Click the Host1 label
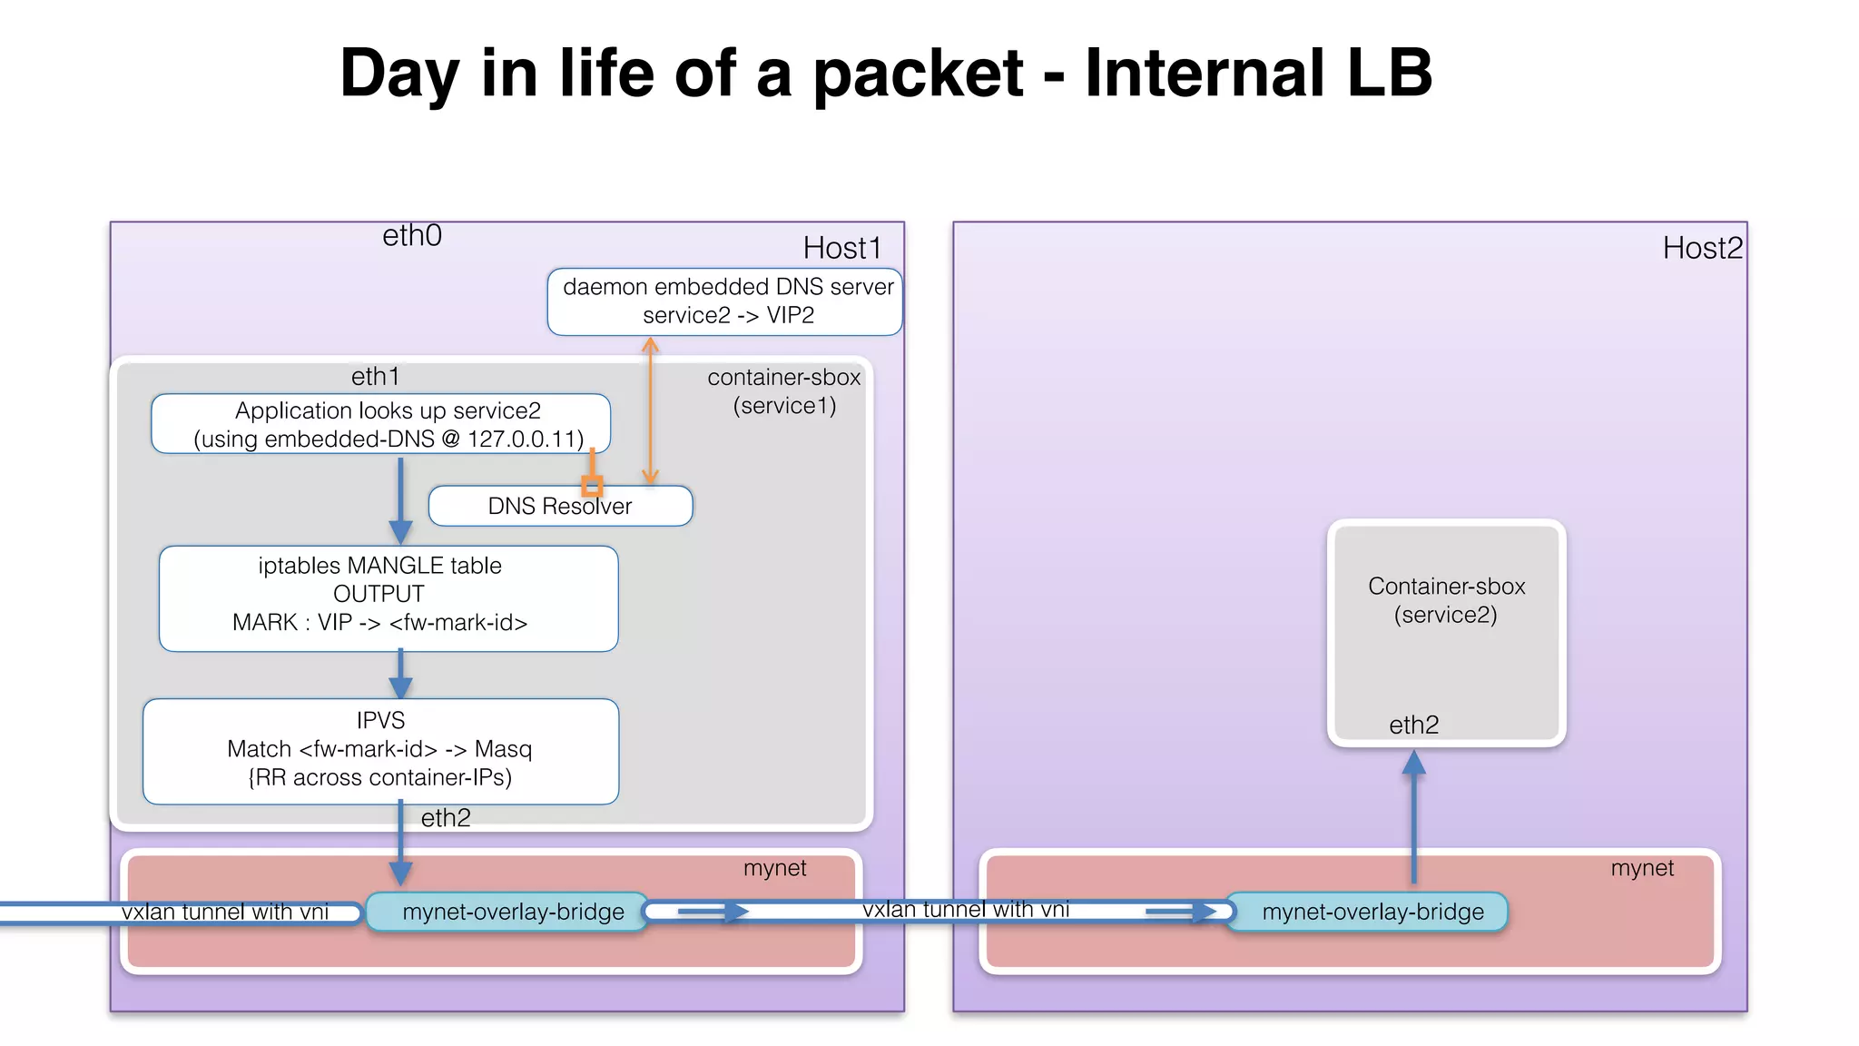click(x=841, y=248)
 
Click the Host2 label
click(x=1702, y=248)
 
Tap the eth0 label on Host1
click(x=412, y=236)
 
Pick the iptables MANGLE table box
click(x=389, y=597)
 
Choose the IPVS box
click(x=380, y=750)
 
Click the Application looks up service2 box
click(x=380, y=424)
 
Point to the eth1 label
click(x=375, y=377)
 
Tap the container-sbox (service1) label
click(x=784, y=391)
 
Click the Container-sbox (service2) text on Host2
click(x=1446, y=600)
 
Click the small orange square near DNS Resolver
click(x=592, y=486)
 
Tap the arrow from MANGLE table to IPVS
click(x=400, y=675)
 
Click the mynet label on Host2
click(x=1642, y=868)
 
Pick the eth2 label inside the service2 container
click(x=1413, y=725)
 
